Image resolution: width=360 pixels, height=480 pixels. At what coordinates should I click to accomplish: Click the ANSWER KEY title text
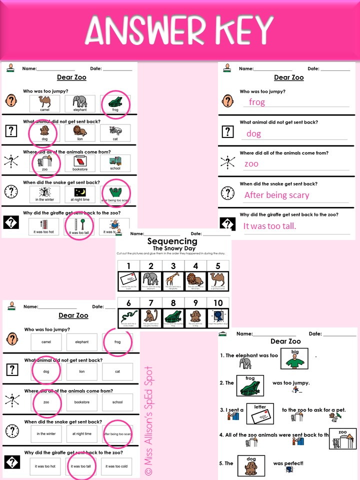[180, 29]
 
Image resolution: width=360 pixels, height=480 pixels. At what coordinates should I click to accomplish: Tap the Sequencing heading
[172, 241]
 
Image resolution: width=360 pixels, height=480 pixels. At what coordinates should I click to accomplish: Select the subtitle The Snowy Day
[172, 248]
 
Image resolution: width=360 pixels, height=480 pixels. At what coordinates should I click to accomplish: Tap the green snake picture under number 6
[127, 317]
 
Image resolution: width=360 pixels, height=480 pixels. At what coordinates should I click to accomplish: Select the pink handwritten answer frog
[257, 102]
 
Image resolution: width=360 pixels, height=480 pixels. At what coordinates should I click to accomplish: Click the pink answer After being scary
[276, 195]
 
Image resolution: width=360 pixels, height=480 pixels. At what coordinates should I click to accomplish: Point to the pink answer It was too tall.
[269, 226]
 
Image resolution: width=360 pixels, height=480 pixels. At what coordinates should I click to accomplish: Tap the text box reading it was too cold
[117, 465]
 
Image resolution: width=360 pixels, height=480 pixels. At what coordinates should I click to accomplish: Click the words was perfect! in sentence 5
[288, 463]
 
